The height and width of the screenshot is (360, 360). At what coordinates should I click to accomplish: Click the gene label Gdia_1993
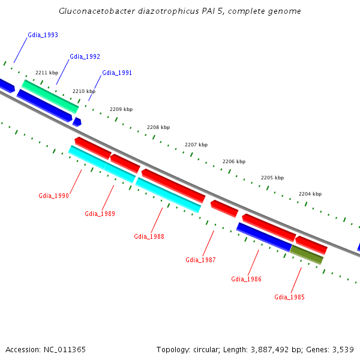pos(43,35)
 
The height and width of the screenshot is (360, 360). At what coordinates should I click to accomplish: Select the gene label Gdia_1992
pos(85,56)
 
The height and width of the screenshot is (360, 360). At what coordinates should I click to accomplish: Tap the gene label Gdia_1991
pos(117,73)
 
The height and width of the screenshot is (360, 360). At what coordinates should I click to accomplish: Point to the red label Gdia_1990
pos(53,196)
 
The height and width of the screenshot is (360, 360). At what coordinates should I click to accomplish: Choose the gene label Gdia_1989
pos(100,214)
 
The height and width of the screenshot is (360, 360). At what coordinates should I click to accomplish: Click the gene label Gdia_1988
pos(149,236)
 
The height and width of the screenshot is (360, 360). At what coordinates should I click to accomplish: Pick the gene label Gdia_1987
pos(200,260)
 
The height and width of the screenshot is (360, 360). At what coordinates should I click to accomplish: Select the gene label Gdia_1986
pos(246,279)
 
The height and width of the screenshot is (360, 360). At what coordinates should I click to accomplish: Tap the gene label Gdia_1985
pos(289,297)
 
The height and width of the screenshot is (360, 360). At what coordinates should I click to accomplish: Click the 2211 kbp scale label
pos(47,73)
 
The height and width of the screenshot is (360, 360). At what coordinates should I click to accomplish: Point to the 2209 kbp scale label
pos(121,109)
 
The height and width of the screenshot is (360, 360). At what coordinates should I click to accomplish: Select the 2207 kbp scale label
pos(196,145)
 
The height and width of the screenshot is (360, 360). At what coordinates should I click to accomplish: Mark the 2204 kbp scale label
pos(310,194)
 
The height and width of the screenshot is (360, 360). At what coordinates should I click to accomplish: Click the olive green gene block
pos(307,254)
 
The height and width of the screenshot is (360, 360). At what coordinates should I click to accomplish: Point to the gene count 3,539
pos(342,349)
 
